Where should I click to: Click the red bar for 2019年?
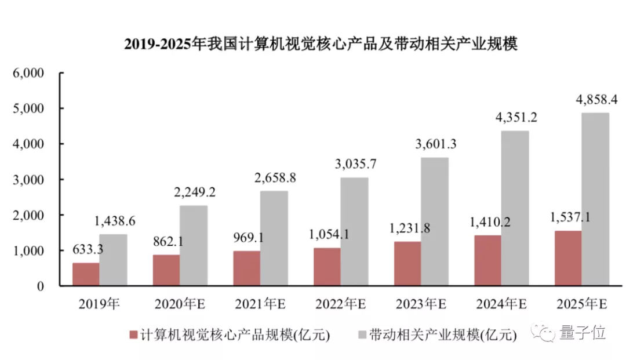(85, 274)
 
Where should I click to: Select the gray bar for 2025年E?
(595, 199)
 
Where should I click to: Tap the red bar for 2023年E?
(407, 264)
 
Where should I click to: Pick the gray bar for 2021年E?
(274, 238)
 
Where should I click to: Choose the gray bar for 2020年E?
(194, 246)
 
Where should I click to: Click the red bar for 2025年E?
(567, 258)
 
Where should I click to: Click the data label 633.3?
(88, 250)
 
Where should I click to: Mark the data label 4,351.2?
(516, 117)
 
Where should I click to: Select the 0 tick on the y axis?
(40, 286)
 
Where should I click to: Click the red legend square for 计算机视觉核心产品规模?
(133, 335)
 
